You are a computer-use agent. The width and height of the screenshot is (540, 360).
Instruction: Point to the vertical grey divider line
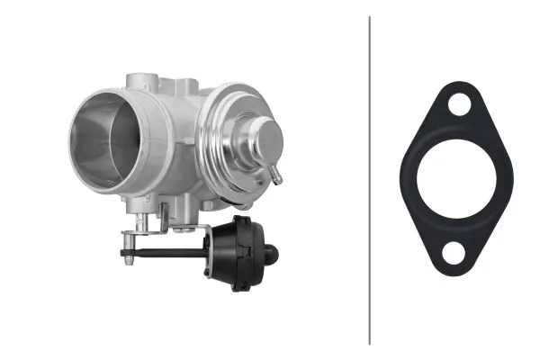[x=370, y=180]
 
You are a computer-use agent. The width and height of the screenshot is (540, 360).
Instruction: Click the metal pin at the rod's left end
[x=130, y=255]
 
